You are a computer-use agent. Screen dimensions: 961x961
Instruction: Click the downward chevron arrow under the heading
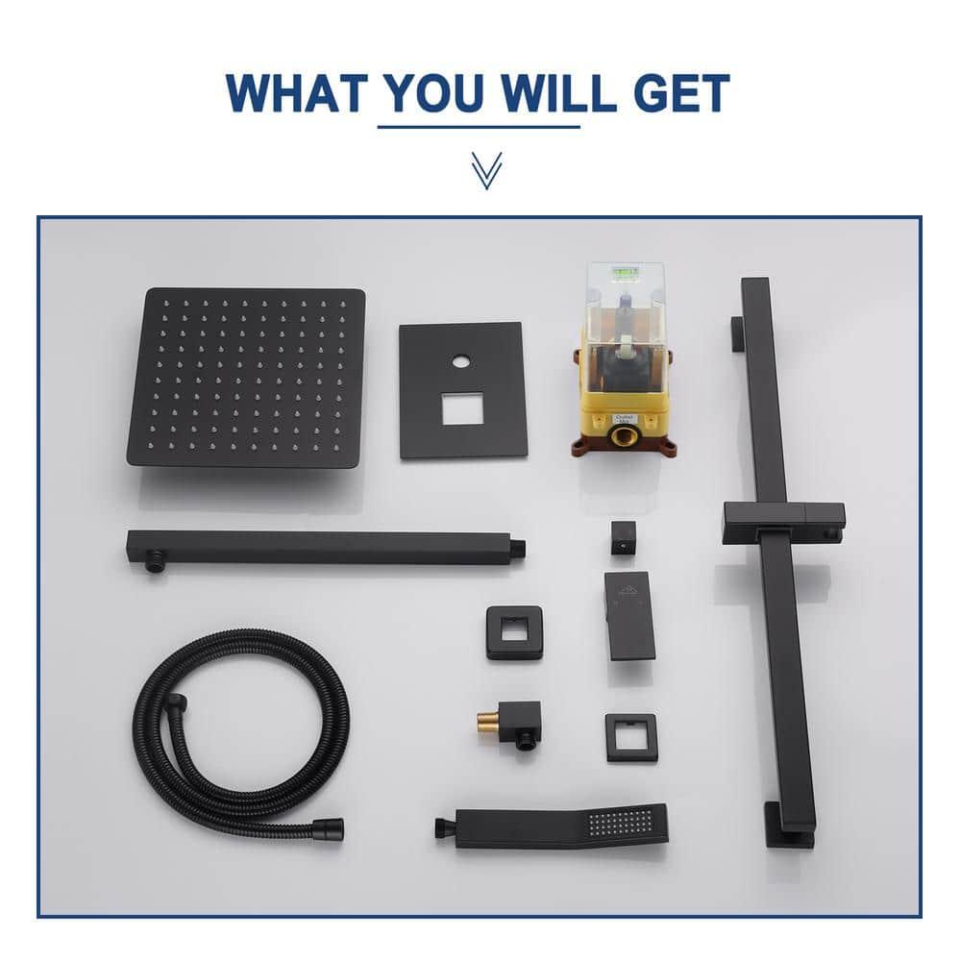[486, 170]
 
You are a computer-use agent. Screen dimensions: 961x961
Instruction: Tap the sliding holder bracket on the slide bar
[784, 517]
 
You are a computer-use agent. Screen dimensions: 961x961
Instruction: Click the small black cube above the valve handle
[622, 538]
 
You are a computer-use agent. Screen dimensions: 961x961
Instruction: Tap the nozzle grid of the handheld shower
[616, 823]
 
